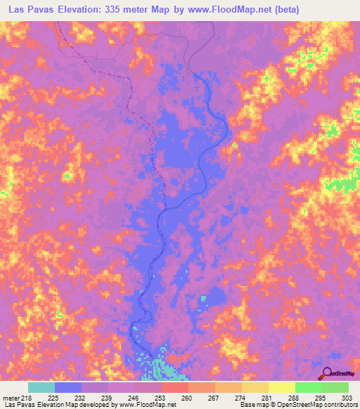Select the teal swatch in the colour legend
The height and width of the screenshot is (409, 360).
pyautogui.click(x=41, y=387)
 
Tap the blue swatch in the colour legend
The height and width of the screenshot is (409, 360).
pyautogui.click(x=68, y=387)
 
